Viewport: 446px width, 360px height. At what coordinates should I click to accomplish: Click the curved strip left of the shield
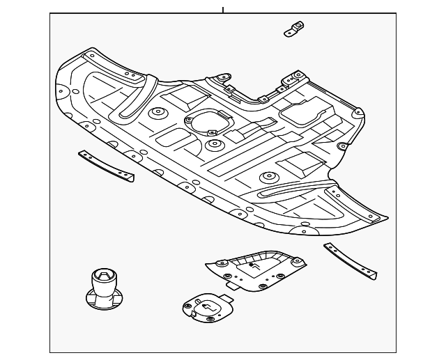click(x=106, y=165)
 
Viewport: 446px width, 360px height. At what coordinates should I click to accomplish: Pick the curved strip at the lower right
click(x=350, y=260)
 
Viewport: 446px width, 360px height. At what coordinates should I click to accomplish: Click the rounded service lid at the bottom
click(x=207, y=307)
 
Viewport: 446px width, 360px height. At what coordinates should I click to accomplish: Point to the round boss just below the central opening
click(x=214, y=145)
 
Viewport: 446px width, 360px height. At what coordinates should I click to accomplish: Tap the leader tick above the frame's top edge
click(x=223, y=10)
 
